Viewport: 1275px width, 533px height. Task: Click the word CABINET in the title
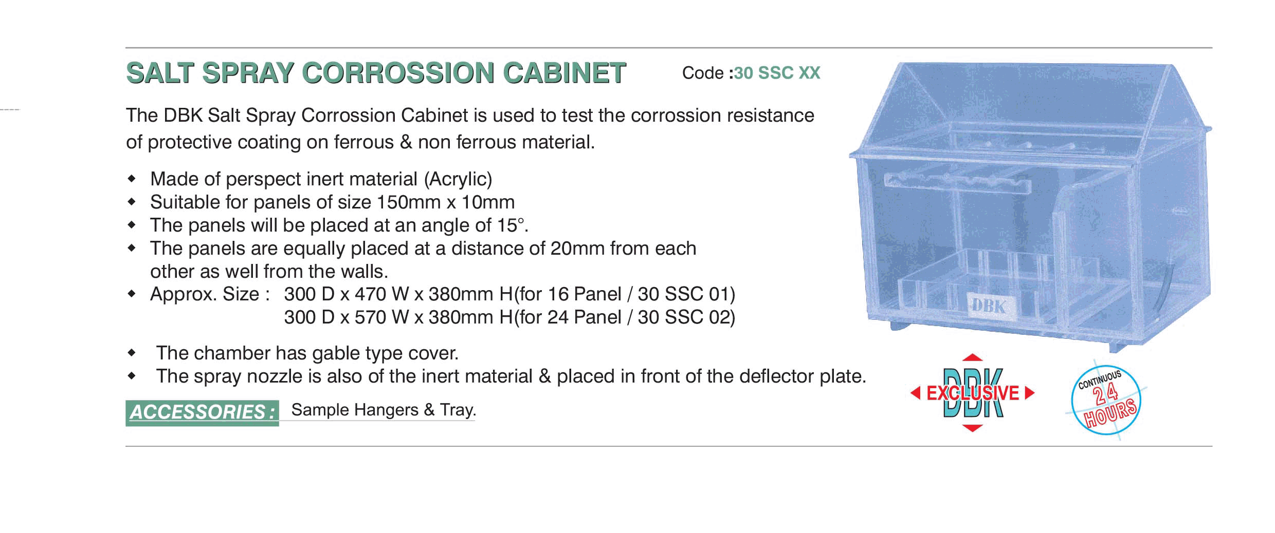click(x=564, y=72)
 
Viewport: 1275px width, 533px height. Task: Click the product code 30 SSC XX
click(x=777, y=73)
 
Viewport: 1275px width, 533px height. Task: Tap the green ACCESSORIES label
click(x=202, y=412)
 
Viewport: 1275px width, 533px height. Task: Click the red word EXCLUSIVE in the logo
click(x=973, y=393)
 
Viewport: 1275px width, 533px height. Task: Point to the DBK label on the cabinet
click(x=989, y=307)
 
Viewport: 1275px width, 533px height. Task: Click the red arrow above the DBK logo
click(x=972, y=357)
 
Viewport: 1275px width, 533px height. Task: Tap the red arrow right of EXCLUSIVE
click(x=1030, y=393)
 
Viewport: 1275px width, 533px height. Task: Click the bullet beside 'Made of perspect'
click(x=132, y=179)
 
